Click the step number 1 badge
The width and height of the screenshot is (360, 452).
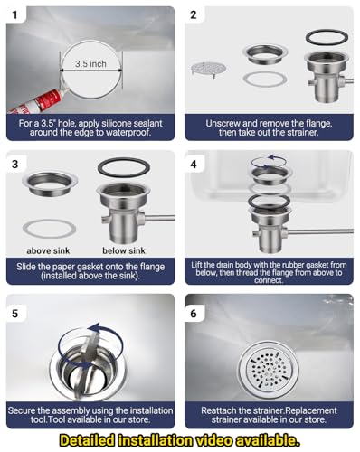(x=14, y=14)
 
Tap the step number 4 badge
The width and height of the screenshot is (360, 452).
(x=194, y=165)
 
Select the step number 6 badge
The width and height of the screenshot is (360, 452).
(x=194, y=314)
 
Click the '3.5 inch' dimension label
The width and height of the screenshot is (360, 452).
(x=90, y=64)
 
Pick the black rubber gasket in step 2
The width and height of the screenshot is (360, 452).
(x=327, y=37)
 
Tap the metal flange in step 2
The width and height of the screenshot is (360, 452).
(x=264, y=54)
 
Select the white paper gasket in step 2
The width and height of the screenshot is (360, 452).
(x=265, y=80)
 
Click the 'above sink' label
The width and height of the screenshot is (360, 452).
(x=48, y=250)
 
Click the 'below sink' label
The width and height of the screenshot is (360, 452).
(x=124, y=250)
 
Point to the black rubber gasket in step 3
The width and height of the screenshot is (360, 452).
(x=124, y=166)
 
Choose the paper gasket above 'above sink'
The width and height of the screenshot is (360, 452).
(x=49, y=229)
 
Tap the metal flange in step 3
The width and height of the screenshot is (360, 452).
(x=50, y=184)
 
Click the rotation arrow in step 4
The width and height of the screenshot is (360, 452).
(x=270, y=162)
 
